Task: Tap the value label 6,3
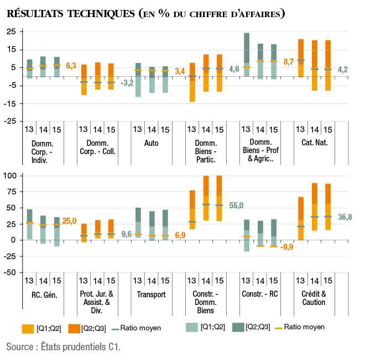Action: coord(71,66)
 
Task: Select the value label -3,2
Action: coord(127,83)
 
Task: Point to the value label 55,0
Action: coord(236,205)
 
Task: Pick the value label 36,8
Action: coord(345,217)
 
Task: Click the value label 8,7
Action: coord(288,62)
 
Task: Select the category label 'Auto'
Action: coord(150,143)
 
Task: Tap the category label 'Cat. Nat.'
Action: coord(314,143)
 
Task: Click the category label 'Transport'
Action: coord(150,294)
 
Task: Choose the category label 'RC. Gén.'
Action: coord(41,294)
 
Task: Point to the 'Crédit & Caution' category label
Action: coord(315,298)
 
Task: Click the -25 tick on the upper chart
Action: coord(11,121)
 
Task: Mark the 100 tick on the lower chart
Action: coord(11,176)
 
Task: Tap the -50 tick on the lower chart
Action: coord(11,272)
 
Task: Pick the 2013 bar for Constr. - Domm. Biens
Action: coord(192,209)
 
